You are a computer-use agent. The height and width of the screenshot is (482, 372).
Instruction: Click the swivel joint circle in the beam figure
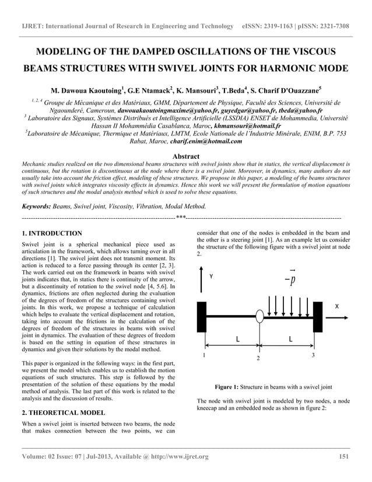tap(259, 316)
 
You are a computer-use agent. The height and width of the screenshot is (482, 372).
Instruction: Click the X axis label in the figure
tap(336, 306)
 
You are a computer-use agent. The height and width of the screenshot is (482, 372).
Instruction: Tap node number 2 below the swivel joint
tap(258, 358)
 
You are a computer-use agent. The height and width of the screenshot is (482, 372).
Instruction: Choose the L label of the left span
tap(237, 339)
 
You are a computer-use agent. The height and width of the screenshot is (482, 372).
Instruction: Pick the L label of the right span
tap(290, 339)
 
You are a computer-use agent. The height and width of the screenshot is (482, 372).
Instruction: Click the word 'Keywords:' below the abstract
tap(36, 207)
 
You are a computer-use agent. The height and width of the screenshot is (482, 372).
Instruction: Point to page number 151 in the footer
tap(344, 456)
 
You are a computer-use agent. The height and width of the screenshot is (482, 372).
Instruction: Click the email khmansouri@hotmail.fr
tap(247, 125)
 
